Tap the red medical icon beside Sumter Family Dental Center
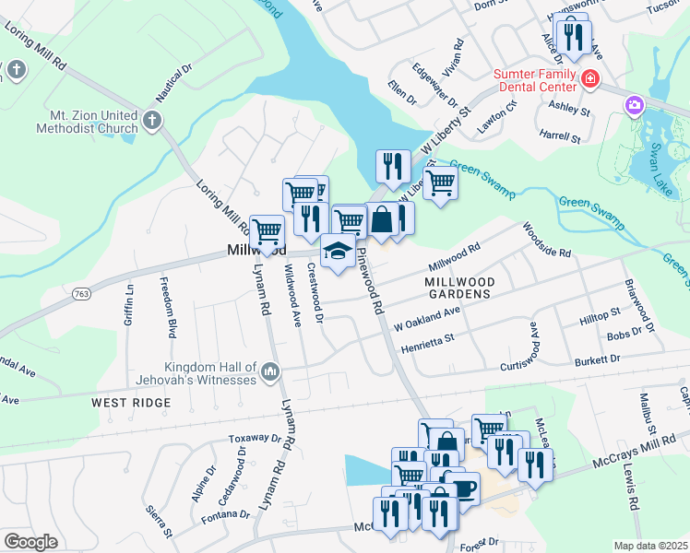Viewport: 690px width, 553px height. tap(589, 82)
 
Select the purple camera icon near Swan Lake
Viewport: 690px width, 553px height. tap(634, 106)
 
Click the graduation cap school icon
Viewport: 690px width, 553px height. tap(338, 253)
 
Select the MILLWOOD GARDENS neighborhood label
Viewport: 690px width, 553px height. tap(459, 287)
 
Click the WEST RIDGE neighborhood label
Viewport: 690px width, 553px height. tap(130, 403)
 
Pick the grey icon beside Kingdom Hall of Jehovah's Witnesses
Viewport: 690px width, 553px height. tap(270, 371)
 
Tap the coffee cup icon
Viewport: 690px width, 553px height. tap(458, 488)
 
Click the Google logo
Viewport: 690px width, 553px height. tap(30, 542)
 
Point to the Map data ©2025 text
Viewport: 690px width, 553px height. tap(651, 546)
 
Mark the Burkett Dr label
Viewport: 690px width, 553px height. tap(599, 359)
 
